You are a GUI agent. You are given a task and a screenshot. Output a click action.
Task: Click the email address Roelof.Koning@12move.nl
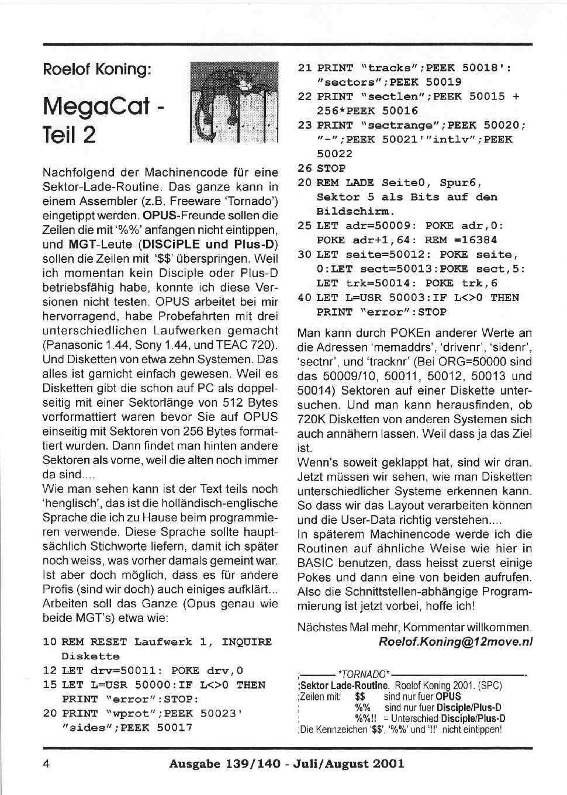point(456,641)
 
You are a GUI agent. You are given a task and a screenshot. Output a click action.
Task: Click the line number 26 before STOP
point(305,168)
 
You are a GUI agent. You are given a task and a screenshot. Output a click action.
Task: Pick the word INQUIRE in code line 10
point(247,642)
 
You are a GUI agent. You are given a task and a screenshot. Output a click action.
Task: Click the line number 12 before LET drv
point(50,670)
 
